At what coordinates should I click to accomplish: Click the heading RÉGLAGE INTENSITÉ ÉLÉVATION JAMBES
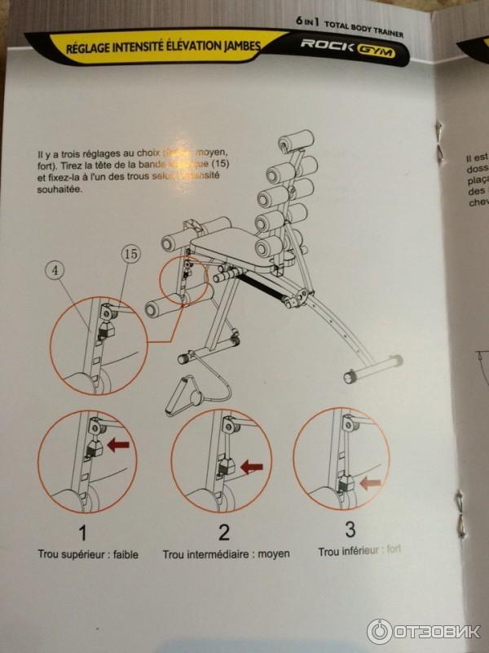163,49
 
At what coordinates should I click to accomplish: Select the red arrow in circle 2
252,467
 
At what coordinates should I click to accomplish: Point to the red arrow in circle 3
371,482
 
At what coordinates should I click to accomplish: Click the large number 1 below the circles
82,533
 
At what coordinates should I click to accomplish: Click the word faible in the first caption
124,554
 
